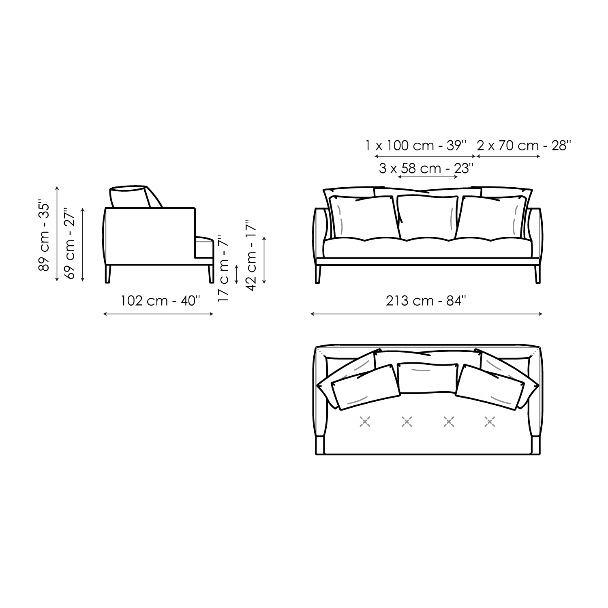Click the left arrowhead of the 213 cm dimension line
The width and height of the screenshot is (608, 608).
coord(312,313)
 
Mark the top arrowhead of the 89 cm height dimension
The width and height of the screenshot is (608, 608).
coord(57,187)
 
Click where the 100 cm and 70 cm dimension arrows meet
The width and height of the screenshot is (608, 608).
coord(475,156)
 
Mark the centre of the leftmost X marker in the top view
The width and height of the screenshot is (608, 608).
coord(365,422)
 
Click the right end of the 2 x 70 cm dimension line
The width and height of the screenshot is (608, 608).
coord(540,156)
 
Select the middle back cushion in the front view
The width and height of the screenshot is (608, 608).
coord(427,217)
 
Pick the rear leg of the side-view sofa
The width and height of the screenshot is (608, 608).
coord(108,274)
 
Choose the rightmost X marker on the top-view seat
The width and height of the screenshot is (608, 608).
coord(490,422)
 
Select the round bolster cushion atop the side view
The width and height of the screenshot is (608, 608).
coord(128,197)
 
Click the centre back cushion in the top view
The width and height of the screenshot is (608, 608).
coord(427,378)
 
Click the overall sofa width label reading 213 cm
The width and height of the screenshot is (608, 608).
coord(426,301)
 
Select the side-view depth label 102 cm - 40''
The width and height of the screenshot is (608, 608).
coord(161,301)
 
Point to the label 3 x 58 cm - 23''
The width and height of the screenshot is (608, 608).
coord(426,168)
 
